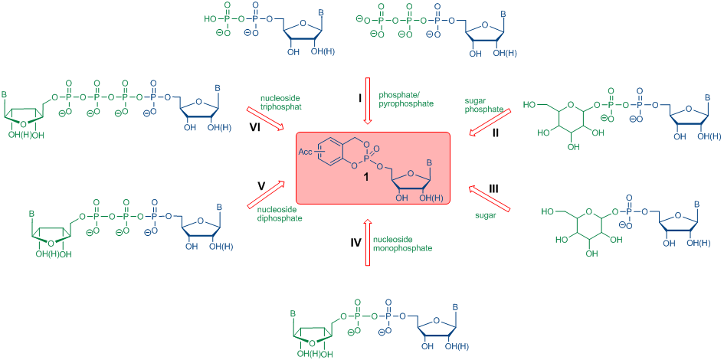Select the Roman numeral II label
(x=496, y=133)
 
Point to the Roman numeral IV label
(x=355, y=242)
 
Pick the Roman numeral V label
(x=262, y=185)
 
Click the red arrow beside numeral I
(x=368, y=100)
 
